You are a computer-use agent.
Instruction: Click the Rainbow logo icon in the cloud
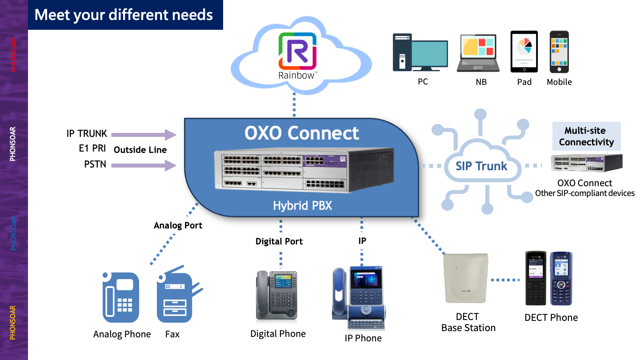pos(297,51)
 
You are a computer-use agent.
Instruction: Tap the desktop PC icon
pos(420,52)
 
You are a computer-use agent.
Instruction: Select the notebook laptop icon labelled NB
pos(478,53)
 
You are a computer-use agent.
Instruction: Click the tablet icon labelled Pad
pos(524,52)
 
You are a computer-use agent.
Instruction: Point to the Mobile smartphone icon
pos(559,52)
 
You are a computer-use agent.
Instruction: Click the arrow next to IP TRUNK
pos(144,135)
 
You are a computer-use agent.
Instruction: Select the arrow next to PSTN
pos(144,165)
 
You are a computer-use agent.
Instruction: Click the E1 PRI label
pos(92,148)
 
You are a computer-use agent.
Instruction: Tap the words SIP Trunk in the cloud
pos(481,166)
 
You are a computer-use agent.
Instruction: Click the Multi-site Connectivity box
pos(586,136)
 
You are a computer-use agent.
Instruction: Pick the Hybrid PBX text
pos(303,205)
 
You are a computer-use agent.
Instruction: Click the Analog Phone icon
pos(121,297)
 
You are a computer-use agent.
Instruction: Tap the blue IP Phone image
pos(359,298)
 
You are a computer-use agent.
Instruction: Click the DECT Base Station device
pos(466,278)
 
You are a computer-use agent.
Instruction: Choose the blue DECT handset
pos(561,278)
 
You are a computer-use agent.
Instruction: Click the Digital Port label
pos(279,241)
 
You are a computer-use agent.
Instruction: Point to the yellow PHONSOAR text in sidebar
pos(12,323)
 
